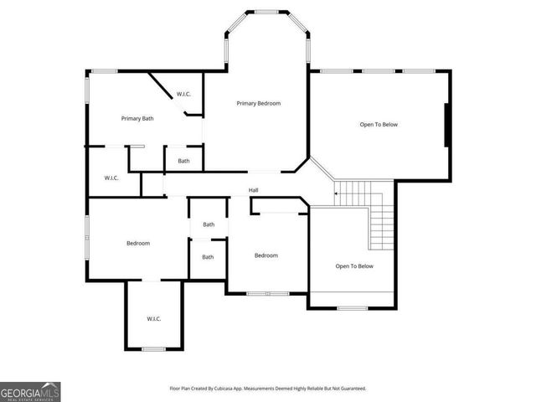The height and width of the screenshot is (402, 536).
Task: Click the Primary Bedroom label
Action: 258,103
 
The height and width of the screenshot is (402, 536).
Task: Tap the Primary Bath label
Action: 137,118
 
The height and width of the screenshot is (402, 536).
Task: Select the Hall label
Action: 253,191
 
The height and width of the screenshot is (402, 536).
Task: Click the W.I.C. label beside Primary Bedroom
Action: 184,94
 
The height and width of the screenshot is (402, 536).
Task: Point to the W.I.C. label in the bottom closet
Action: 153,318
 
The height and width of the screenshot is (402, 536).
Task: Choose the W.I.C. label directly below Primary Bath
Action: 111,178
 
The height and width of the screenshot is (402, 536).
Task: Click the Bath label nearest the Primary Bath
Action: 183,161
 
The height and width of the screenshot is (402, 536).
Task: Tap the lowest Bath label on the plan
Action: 208,257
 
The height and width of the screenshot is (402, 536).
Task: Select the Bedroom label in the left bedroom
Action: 137,243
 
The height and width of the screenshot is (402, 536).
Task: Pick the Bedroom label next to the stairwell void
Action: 266,255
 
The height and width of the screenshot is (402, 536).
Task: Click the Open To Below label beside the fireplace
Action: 379,124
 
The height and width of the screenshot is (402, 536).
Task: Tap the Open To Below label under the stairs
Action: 354,266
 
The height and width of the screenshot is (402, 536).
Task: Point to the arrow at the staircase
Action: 338,195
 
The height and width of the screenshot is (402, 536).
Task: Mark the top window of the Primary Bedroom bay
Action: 268,12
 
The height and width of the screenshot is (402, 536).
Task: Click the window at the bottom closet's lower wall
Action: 153,348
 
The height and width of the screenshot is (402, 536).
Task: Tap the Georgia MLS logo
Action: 30,391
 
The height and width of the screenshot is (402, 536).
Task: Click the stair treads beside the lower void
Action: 382,222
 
